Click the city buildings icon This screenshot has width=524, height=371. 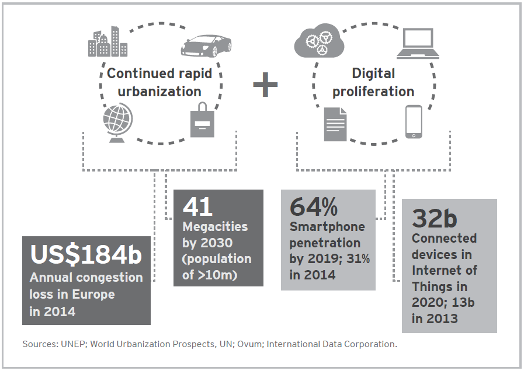pyautogui.click(x=107, y=42)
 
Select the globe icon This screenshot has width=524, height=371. pyautogui.click(x=117, y=121)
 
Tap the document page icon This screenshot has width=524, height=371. pyautogui.click(x=335, y=124)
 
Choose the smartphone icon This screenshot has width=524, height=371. pyautogui.click(x=414, y=121)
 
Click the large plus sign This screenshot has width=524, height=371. pyautogui.click(x=265, y=85)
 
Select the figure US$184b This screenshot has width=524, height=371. pyautogui.click(x=85, y=255)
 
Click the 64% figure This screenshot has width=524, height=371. pyautogui.click(x=314, y=206)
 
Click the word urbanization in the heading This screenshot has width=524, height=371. pyautogui.click(x=159, y=92)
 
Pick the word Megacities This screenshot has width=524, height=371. pyautogui.click(x=215, y=226)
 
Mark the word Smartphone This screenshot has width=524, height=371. pyautogui.click(x=327, y=226)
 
